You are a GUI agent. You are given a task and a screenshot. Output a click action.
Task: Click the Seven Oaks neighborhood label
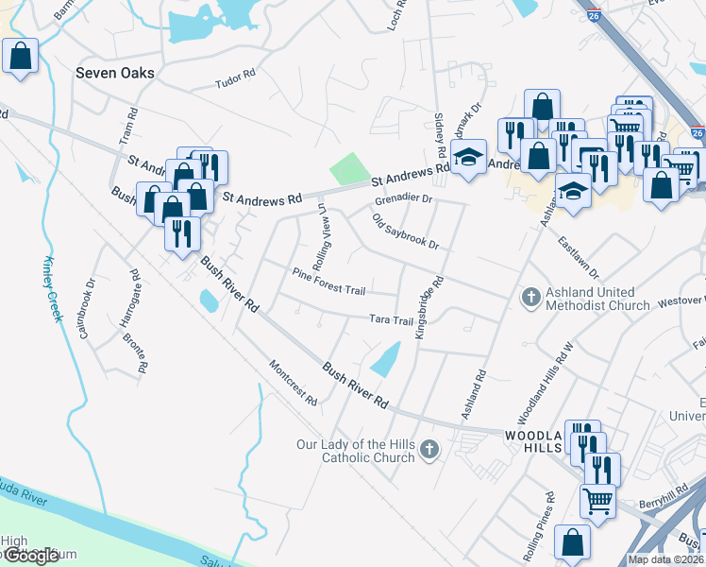pos(116,73)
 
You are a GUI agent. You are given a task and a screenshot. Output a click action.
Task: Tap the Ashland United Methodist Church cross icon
pos(531,298)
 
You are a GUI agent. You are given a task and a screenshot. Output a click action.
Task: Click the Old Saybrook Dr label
pos(406,232)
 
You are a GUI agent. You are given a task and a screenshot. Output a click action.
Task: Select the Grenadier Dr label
pos(403,199)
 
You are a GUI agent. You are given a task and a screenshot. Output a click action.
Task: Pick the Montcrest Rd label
pos(293,383)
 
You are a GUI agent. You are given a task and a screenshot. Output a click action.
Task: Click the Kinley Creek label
pos(52,288)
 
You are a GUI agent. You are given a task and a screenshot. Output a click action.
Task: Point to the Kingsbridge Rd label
pos(428,307)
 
